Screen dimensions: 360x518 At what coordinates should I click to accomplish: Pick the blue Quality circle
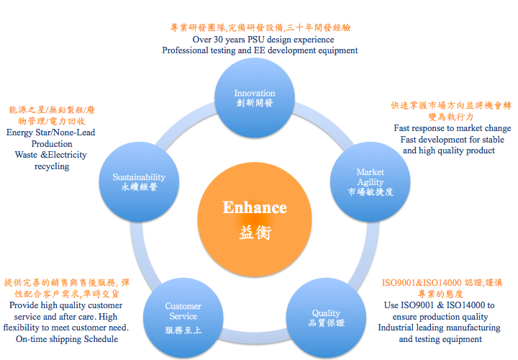tap(326, 318)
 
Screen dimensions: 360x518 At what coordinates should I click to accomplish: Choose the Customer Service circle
tap(183, 318)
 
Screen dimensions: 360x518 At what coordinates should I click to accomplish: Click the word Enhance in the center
tap(255, 208)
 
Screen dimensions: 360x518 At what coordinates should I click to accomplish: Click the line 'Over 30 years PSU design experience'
tap(260, 40)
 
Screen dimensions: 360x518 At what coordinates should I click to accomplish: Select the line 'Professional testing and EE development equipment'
tap(260, 50)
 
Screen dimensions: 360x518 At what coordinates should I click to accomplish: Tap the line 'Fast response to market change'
tap(453, 128)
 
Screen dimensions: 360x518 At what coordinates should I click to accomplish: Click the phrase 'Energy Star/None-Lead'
tap(50, 132)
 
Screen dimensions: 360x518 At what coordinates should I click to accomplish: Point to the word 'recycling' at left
tap(52, 166)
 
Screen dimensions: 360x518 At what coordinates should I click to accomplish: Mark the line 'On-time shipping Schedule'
tap(63, 338)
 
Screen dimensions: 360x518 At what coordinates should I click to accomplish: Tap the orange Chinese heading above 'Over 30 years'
tap(260, 28)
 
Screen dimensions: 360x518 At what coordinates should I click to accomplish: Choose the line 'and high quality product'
tap(448, 150)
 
